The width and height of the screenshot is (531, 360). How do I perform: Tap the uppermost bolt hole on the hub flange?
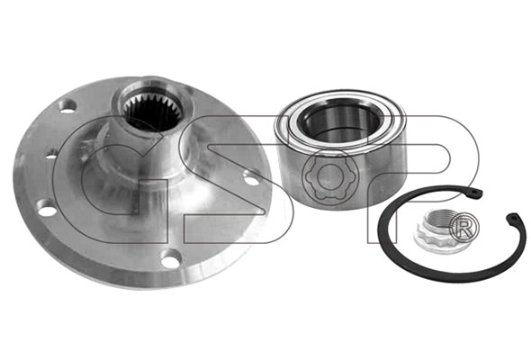(67, 107)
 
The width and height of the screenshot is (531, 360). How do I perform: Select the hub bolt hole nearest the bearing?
(251, 179)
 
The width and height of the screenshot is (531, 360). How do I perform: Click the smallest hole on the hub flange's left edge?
(50, 157)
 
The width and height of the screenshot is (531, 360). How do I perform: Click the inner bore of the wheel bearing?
(340, 122)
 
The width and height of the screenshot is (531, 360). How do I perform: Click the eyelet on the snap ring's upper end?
(475, 192)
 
